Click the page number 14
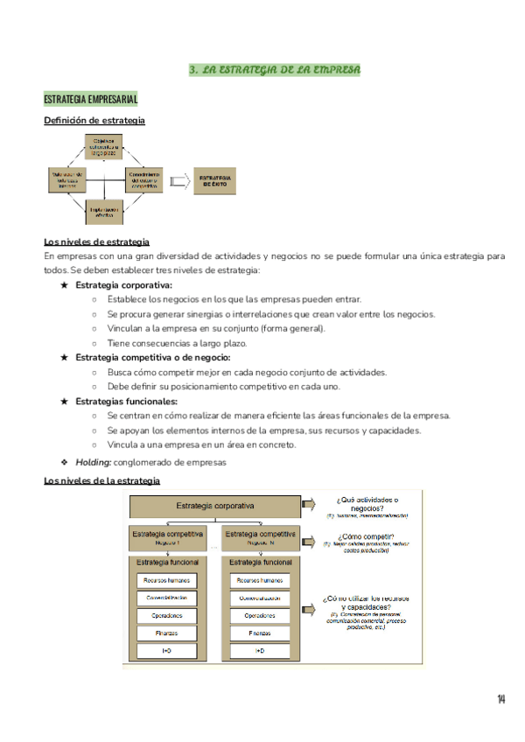[x=500, y=698]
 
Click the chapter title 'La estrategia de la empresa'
[x=275, y=69]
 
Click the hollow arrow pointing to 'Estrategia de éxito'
[x=179, y=181]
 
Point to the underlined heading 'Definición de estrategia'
[x=94, y=121]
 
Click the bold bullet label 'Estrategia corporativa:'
[x=123, y=285]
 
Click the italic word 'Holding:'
[x=93, y=463]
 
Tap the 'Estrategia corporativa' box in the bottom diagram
[x=215, y=506]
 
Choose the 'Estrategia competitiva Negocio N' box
[x=260, y=537]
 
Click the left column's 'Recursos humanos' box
[x=165, y=580]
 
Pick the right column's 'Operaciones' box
[x=260, y=615]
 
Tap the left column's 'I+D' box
[x=165, y=651]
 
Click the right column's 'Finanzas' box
[x=260, y=633]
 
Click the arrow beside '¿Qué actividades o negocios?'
[x=309, y=505]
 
